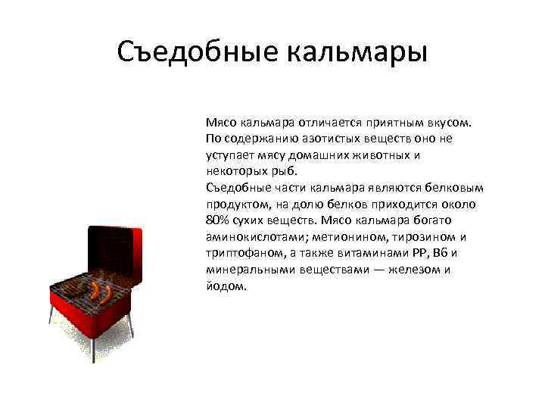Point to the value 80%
[x=216, y=221]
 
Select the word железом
[x=413, y=270]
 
